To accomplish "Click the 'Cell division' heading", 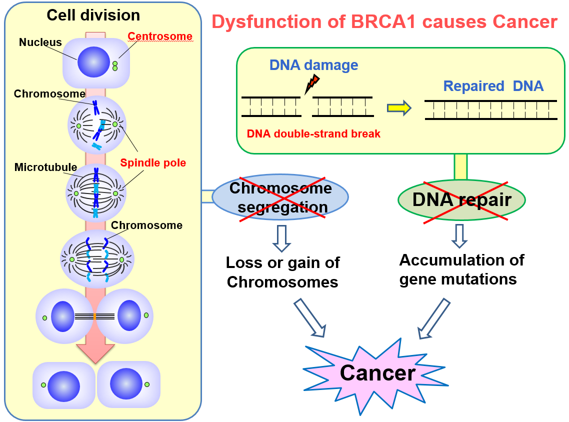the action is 93,15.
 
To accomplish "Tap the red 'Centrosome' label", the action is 160,36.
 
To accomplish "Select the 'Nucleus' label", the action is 40,42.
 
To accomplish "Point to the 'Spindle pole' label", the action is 153,163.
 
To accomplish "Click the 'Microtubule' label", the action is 45,167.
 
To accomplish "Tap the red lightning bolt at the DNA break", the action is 312,84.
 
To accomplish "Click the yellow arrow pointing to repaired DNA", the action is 399,108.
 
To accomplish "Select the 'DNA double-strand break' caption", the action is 313,134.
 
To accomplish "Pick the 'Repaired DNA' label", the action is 493,86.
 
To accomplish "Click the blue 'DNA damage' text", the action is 313,65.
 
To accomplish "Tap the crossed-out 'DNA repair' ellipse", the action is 461,200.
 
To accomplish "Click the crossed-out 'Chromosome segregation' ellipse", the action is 280,197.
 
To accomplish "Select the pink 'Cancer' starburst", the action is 376,373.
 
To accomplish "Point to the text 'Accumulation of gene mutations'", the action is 461,269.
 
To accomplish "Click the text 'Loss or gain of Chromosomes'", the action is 282,272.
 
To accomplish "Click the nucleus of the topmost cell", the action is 93,62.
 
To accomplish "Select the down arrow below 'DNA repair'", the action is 459,236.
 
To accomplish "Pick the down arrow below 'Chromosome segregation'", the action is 281,238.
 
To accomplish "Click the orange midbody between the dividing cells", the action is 94,317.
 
